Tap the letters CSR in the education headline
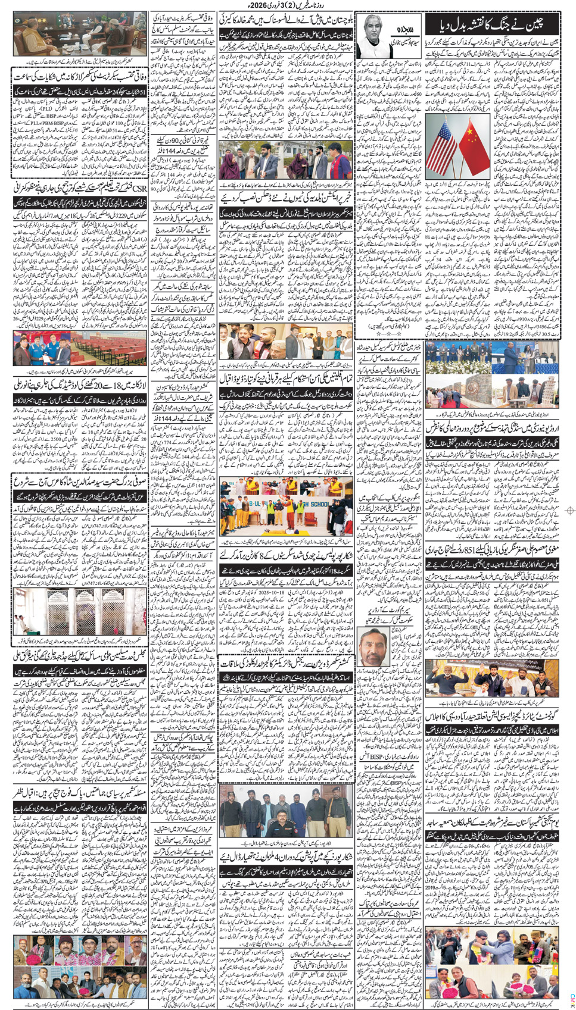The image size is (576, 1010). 139,189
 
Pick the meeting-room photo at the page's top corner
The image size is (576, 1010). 79,33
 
